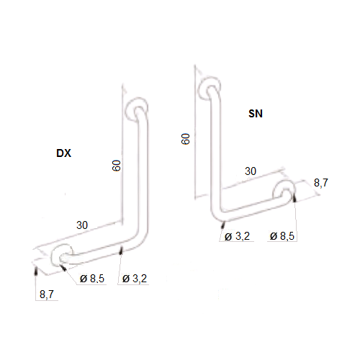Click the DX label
point(64,153)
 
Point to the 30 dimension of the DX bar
point(82,225)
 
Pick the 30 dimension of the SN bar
point(250,171)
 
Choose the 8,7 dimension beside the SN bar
point(321,183)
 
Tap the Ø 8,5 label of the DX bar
point(93,279)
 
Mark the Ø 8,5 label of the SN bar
point(282,236)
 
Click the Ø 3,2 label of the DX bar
point(136,279)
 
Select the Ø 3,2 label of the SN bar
point(237,236)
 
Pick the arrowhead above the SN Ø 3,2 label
point(224,222)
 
